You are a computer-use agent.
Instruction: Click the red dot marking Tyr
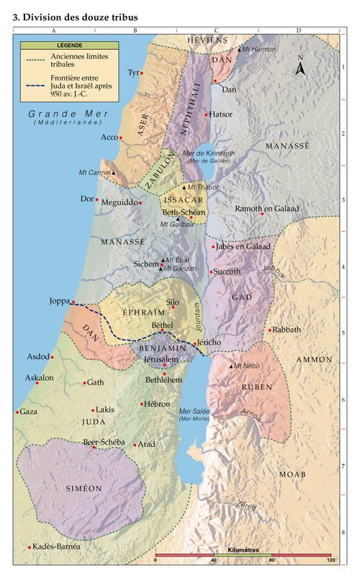point(142,73)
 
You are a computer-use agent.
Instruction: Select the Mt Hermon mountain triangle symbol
point(240,49)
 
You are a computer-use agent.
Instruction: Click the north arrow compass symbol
point(302,68)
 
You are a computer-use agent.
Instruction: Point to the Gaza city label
point(28,412)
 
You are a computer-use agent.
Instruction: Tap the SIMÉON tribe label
point(84,488)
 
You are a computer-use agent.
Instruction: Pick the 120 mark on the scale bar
point(330,559)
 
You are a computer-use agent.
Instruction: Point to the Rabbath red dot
point(270,330)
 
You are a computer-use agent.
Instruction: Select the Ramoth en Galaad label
point(266,209)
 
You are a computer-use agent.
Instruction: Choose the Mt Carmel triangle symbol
point(113,173)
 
